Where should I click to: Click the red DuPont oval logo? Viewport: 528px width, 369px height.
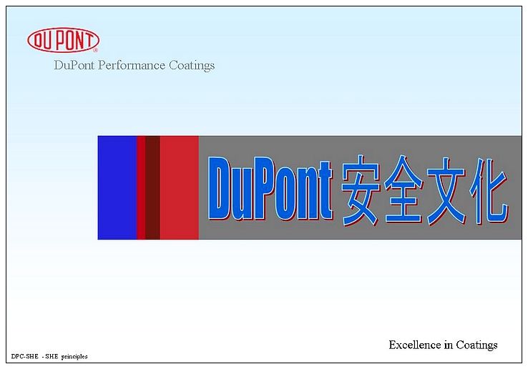point(63,40)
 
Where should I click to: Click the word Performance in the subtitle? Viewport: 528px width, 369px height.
point(132,65)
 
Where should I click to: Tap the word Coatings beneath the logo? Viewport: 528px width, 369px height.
point(192,65)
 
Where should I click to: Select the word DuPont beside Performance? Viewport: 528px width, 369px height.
point(74,65)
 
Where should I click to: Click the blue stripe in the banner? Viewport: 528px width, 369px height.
point(117,187)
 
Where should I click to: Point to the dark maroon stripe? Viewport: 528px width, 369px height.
point(152,187)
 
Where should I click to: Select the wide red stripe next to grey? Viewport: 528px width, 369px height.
point(180,187)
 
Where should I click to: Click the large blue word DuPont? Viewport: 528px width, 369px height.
point(270,189)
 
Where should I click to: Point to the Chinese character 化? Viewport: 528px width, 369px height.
point(489,191)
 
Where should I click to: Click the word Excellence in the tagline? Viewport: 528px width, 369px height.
point(415,345)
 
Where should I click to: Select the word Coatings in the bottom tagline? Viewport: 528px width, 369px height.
point(476,345)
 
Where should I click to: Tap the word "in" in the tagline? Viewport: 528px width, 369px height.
point(449,345)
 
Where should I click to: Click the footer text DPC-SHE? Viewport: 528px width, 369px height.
point(24,356)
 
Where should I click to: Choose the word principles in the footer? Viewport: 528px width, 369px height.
point(74,357)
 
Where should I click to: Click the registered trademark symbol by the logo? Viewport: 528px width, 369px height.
point(96,50)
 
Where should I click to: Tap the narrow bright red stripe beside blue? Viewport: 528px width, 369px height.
point(141,187)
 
